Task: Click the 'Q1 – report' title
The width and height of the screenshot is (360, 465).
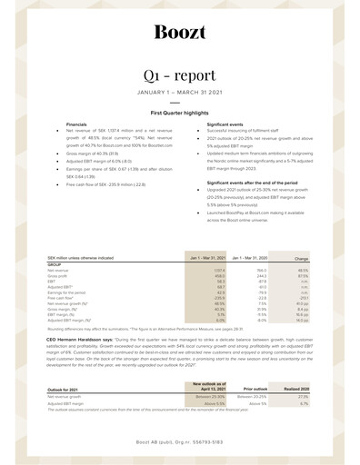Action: click(x=179, y=74)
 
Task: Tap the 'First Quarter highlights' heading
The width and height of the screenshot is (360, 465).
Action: click(x=179, y=113)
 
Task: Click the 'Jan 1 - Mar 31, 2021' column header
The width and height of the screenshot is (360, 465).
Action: click(x=207, y=259)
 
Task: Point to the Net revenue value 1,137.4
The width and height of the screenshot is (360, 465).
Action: click(x=218, y=271)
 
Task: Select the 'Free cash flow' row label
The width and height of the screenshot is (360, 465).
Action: click(x=60, y=293)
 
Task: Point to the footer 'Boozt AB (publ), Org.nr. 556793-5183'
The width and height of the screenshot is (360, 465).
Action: click(x=179, y=440)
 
